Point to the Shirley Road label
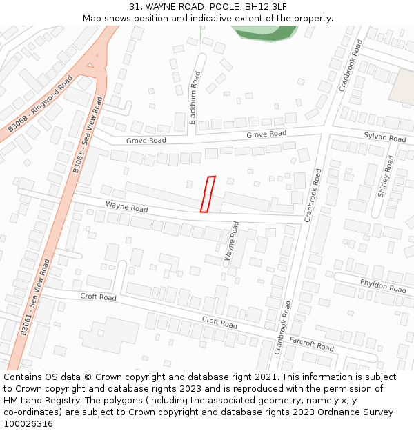pos(385,177)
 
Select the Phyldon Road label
pos(383,285)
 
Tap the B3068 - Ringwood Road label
pos(41,104)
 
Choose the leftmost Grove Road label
pos(146,141)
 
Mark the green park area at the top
pos(266,32)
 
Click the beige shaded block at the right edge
pos(402,88)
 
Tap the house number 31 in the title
pos(135,7)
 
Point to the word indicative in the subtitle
pos(199,18)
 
